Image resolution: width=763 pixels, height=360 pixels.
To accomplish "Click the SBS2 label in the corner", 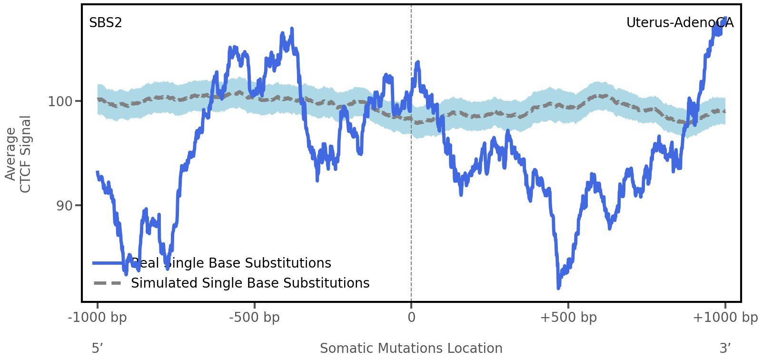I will click(105, 22).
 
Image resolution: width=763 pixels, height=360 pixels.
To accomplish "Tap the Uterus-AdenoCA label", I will click(679, 22).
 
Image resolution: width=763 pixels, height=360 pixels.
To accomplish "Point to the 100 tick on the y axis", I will click(59, 101).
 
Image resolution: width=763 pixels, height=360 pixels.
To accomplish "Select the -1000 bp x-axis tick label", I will click(98, 317).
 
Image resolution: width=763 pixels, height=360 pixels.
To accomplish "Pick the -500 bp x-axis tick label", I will click(254, 317).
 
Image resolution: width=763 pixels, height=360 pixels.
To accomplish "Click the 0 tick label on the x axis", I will click(411, 317).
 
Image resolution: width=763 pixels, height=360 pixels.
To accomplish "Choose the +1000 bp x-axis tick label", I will click(725, 317).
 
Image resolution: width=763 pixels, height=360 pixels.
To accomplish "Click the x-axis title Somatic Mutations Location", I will click(411, 348).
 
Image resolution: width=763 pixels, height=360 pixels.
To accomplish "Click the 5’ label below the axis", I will click(97, 348).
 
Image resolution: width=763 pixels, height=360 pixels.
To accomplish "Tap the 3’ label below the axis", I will click(724, 348).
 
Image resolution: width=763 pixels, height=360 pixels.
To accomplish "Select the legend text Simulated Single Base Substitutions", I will click(250, 283).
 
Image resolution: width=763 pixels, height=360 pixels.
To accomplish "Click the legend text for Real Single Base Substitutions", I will click(231, 263).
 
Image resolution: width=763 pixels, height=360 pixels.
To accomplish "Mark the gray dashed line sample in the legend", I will click(108, 283).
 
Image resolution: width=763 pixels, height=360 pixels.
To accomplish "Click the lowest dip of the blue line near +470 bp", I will click(558, 287).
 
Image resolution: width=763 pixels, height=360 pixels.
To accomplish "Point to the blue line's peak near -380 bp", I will click(291, 30).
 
